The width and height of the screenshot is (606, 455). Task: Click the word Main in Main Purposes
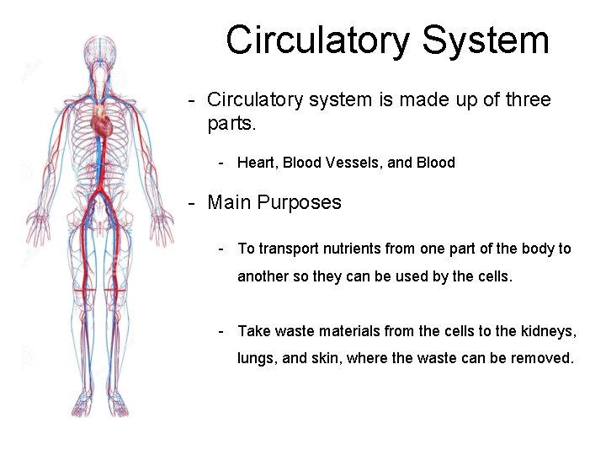[x=230, y=202]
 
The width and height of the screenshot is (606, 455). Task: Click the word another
[x=264, y=276]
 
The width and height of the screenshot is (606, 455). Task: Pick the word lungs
[x=257, y=358]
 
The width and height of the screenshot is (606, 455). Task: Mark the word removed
[x=542, y=358]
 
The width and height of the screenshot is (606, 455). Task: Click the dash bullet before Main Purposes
[x=193, y=202]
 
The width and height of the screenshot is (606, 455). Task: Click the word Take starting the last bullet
[x=253, y=330]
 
